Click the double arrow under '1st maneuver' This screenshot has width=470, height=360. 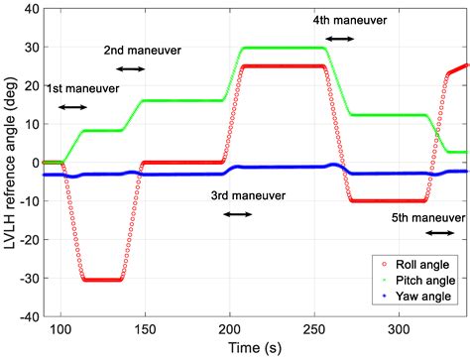[73, 107]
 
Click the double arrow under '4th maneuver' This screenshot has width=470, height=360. [339, 38]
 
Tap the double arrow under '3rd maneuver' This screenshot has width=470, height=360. [238, 214]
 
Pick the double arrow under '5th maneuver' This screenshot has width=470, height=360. [439, 233]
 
